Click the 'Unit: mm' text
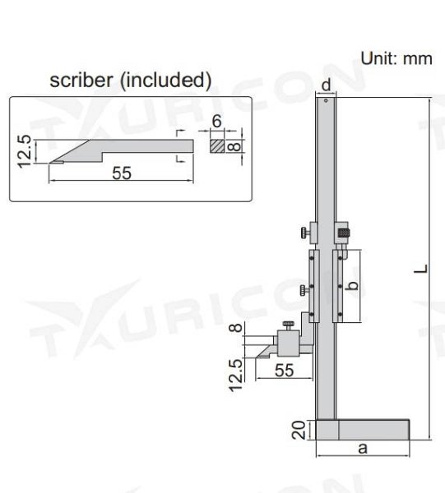tap(396, 58)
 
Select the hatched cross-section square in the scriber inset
tap(216, 147)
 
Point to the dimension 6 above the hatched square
tap(216, 122)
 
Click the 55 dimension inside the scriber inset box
tap(121, 173)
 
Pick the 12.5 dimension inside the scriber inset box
tap(25, 151)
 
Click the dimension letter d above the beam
tap(327, 85)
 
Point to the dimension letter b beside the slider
tap(351, 286)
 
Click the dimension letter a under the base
tap(362, 448)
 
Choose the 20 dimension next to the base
tap(300, 429)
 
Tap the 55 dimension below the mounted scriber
tap(284, 371)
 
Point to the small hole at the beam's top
tap(327, 103)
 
